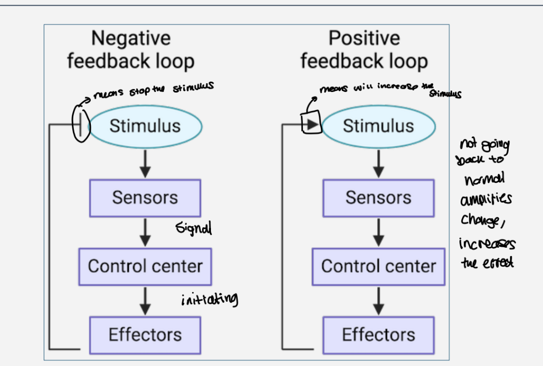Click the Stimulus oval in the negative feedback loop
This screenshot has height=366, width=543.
pos(145,126)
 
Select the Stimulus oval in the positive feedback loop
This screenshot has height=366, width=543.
pos(378,126)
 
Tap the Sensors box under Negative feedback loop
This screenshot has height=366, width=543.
pos(145,198)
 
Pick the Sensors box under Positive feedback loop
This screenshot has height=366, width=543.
pos(378,198)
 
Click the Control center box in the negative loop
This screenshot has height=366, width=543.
pos(145,266)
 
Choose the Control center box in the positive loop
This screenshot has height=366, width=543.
pos(378,266)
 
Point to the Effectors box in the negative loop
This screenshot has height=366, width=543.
pos(145,335)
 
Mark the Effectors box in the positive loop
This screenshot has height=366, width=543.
pos(378,335)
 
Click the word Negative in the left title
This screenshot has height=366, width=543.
pos(131,39)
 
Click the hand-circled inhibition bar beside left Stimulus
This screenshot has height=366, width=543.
pos(81,123)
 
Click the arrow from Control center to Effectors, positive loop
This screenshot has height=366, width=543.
pos(378,300)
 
